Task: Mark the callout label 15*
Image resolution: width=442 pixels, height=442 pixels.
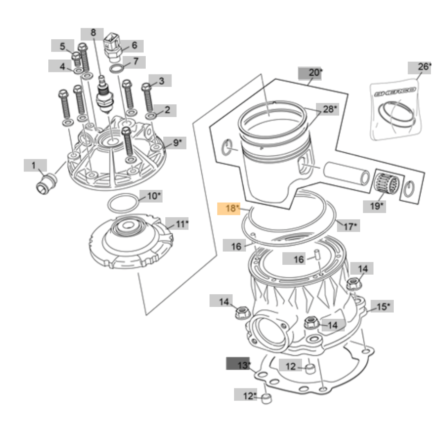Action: tap(382, 306)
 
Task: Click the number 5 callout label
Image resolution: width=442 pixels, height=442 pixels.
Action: tap(62, 46)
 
